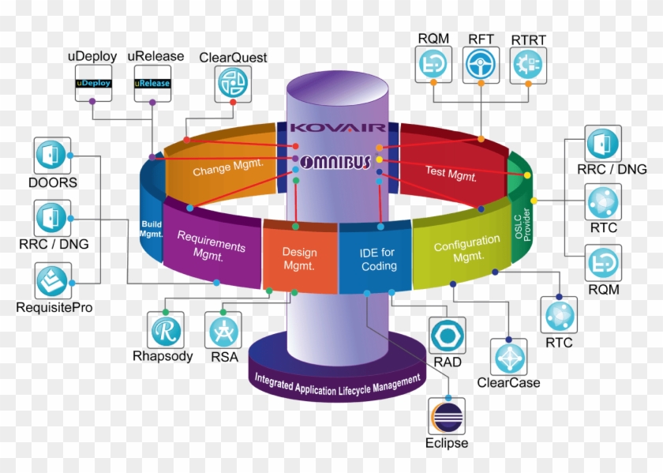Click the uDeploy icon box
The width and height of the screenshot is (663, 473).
94,83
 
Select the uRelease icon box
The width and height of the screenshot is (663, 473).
152,83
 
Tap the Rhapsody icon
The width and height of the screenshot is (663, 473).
167,329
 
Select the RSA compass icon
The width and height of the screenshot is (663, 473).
223,329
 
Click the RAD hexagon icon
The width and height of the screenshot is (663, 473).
448,336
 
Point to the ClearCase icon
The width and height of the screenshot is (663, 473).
509,358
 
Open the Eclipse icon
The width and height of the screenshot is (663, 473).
446,416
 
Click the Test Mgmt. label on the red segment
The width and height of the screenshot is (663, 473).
451,171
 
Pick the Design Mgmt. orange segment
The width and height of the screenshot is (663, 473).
299,257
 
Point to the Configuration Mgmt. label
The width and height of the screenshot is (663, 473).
466,247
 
